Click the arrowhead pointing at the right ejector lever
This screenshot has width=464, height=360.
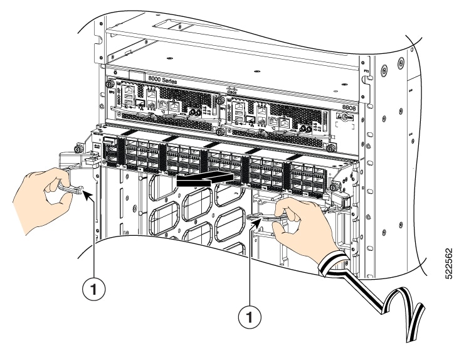251,219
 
